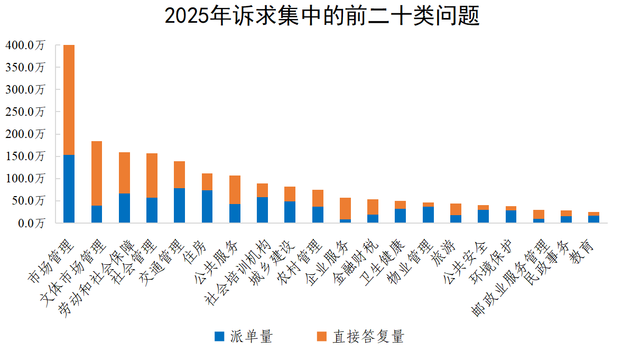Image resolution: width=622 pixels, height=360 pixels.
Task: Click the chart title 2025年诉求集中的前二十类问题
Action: point(322,16)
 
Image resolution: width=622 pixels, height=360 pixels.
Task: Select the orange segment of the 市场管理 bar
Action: point(69,100)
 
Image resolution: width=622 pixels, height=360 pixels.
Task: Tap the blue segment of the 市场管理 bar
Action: point(69,189)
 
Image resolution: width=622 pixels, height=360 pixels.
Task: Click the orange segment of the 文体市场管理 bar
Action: point(97,173)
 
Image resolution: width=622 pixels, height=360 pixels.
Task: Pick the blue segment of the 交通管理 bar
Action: point(179,205)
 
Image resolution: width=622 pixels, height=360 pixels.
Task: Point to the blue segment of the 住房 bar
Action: point(207,206)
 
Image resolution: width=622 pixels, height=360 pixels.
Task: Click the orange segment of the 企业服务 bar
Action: point(345,208)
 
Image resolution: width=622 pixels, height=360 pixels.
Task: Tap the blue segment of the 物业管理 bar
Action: point(428,215)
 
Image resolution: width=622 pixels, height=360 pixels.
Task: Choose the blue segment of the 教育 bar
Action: point(593,219)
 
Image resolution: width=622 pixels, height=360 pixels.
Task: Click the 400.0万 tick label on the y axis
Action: point(25,45)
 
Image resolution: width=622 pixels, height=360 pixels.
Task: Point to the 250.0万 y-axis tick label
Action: point(25,112)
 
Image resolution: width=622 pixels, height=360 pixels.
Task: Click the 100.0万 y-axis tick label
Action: point(25,179)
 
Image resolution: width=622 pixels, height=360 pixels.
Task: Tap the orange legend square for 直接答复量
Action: point(321,337)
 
